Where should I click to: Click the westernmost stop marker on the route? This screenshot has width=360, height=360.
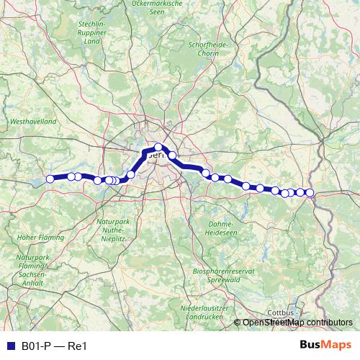50,179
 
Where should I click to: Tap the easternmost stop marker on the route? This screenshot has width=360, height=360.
310,192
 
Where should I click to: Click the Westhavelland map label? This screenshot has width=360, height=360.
32,123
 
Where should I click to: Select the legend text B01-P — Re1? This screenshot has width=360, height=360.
54,346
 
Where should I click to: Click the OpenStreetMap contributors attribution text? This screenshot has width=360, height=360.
297,322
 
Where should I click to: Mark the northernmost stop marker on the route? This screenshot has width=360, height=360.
158,147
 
